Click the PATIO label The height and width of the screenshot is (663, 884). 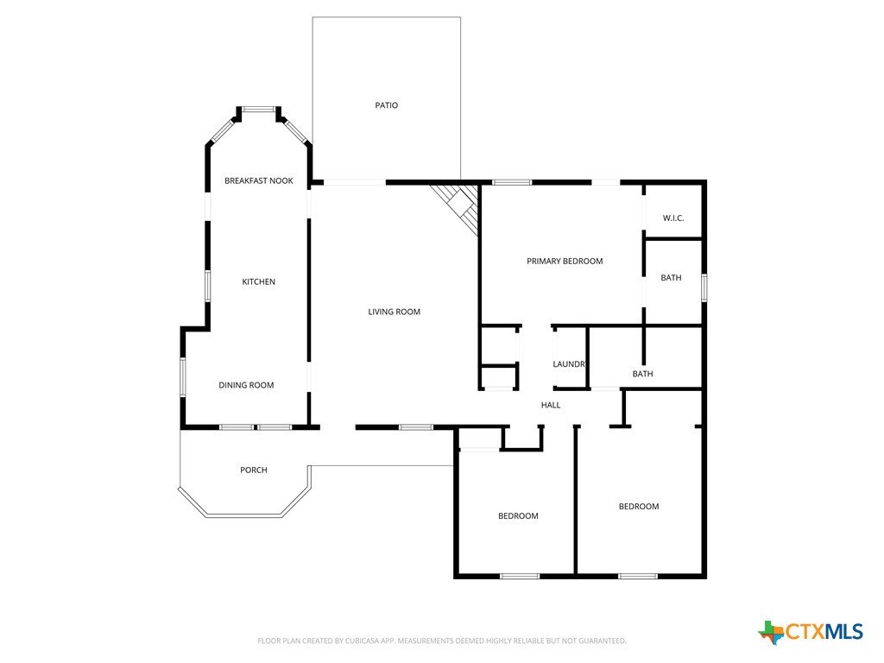[386, 105]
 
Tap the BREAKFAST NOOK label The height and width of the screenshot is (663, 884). [259, 181]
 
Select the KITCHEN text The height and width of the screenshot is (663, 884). [259, 282]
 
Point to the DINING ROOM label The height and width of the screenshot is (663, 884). [246, 385]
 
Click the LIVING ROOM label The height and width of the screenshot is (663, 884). [394, 312]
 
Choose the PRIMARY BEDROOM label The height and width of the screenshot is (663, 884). [565, 261]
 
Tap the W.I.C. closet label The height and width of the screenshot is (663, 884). [673, 218]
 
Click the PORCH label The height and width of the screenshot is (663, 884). [254, 470]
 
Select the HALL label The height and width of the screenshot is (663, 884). [551, 405]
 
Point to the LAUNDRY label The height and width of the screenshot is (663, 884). [569, 364]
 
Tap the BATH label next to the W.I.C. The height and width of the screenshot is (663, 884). [671, 278]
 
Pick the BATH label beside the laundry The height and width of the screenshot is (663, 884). [642, 374]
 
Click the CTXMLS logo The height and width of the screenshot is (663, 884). [810, 632]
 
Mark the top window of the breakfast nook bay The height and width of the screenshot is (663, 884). [259, 109]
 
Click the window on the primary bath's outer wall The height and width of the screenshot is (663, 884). [704, 287]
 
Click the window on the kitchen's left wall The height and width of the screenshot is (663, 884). [207, 286]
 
